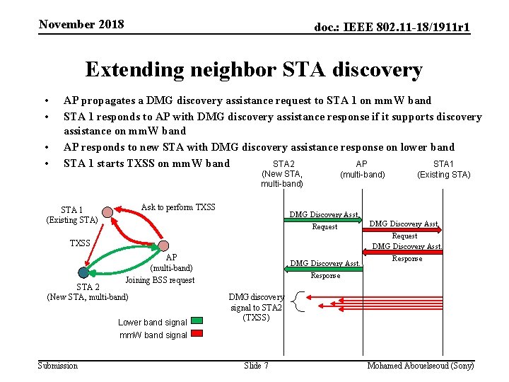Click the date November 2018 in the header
coord(81,25)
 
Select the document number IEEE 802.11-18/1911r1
coord(392,28)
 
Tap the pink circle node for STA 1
coord(107,212)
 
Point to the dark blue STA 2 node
coord(84,272)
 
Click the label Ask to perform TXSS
coord(178,207)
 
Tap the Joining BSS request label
coord(160,280)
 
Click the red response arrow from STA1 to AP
coord(403,252)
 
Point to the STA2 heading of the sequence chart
coord(283,164)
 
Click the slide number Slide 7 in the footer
coord(256,365)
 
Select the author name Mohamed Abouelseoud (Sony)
coord(421,365)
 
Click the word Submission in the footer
coord(58,365)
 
